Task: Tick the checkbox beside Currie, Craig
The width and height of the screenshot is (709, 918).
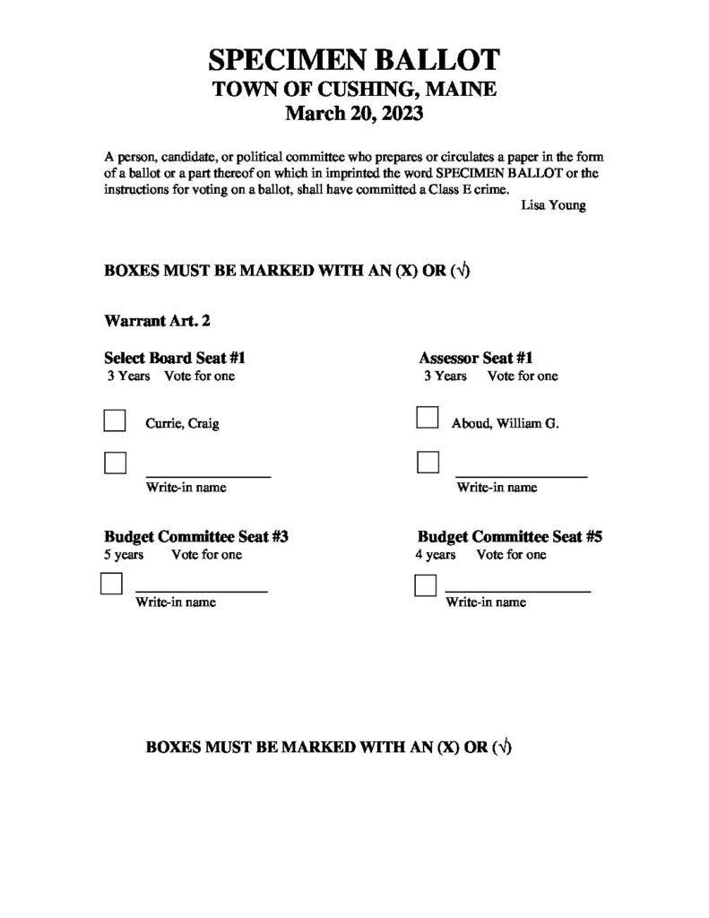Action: point(115,421)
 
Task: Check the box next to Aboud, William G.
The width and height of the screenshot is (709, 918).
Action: point(428,419)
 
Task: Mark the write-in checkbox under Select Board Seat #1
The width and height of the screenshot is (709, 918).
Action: point(115,463)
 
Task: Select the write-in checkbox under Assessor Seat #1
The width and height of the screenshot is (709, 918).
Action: point(428,463)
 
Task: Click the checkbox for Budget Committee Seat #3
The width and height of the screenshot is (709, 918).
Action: point(111,585)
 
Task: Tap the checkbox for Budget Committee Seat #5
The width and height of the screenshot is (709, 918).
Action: point(425,586)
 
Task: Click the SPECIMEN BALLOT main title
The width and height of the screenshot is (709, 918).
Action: point(353,61)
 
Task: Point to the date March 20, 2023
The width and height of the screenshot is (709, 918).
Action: point(353,114)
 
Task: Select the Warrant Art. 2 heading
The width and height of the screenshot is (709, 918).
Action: point(157,319)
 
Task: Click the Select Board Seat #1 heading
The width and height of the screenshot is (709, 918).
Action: point(175,358)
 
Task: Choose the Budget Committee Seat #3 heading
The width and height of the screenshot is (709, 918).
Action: point(196,537)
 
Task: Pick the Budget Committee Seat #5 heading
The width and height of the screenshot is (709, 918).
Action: point(509,537)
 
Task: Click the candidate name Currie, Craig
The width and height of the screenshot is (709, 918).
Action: point(182,424)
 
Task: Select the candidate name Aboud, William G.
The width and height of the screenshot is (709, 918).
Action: point(505,424)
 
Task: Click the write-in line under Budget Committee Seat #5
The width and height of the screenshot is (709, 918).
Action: point(518,591)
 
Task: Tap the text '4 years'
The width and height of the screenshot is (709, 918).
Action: point(435,555)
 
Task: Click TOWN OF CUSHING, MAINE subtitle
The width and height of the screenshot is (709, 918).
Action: point(353,89)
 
